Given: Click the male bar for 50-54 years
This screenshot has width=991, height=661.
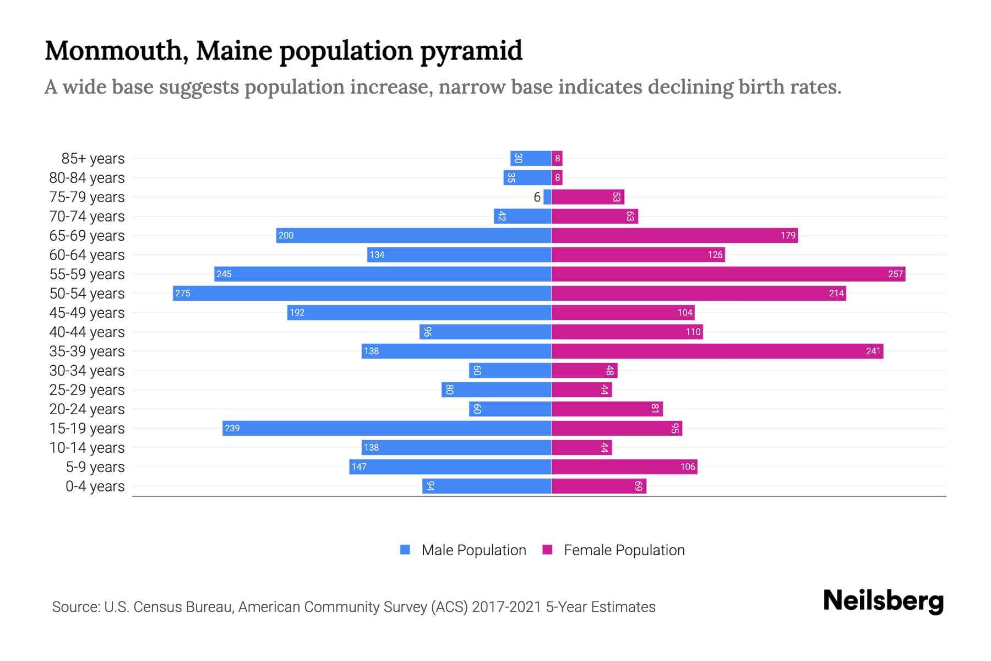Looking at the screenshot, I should [362, 293].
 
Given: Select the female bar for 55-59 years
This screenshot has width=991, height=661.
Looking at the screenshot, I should [728, 274].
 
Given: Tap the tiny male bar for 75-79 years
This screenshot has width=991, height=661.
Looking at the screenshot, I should [547, 197].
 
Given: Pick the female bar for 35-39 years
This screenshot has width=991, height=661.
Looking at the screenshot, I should [717, 351].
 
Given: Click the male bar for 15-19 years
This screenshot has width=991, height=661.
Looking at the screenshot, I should [386, 428].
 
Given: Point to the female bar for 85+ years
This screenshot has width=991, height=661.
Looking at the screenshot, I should [557, 158].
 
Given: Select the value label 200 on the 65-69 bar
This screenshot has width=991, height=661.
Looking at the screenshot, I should [286, 235].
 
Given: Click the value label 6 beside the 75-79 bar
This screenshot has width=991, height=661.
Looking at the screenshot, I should [537, 197].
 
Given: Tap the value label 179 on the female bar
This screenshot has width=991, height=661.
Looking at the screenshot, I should [788, 235].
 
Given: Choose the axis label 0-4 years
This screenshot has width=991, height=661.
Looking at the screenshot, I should [95, 486].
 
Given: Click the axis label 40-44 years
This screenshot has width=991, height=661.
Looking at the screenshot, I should [87, 332].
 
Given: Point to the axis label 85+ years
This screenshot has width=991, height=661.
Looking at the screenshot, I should [93, 159].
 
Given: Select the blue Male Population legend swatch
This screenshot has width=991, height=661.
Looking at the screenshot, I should [405, 550].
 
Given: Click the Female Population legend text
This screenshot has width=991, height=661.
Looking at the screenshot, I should [624, 550].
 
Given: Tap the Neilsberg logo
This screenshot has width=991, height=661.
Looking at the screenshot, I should [883, 601].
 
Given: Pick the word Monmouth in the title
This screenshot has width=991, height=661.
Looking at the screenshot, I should [113, 51].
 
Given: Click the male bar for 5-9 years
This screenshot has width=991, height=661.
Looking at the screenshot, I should [450, 467].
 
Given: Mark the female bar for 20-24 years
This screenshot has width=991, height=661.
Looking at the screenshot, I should [607, 409].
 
